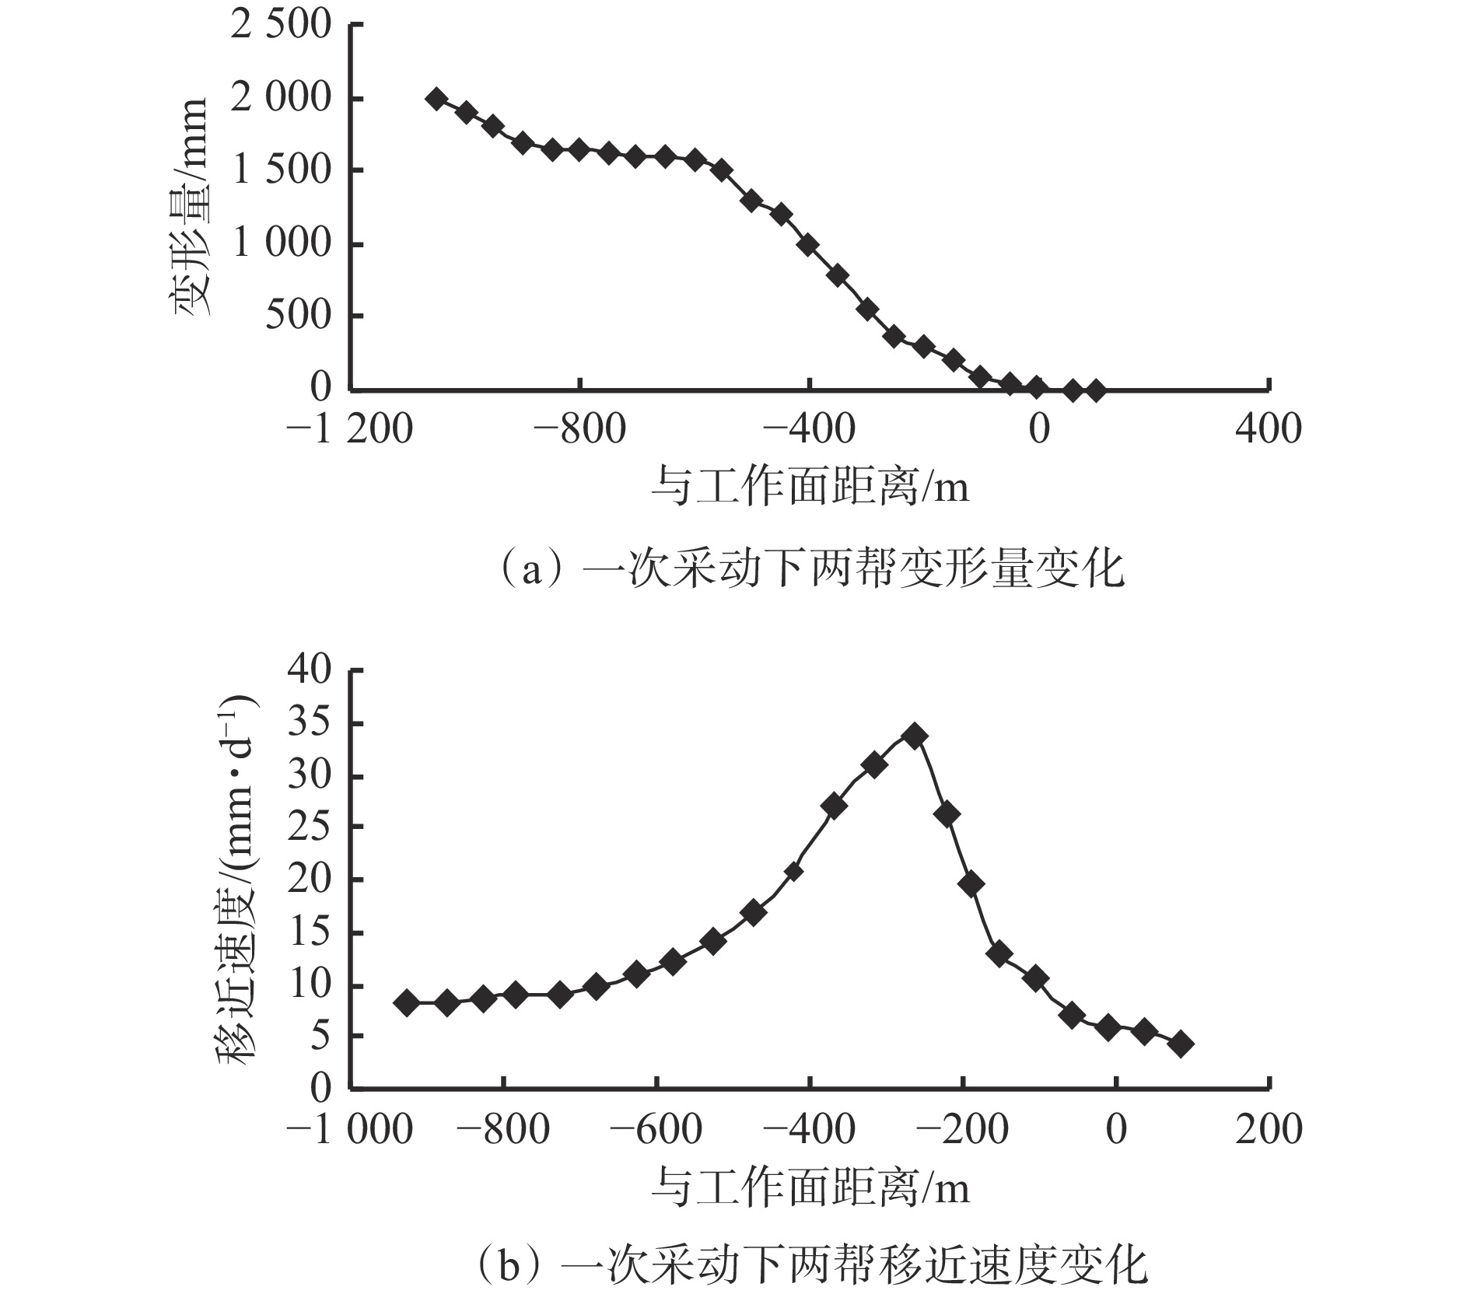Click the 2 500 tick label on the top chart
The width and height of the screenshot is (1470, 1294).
point(282,26)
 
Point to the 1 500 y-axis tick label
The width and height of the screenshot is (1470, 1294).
point(282,170)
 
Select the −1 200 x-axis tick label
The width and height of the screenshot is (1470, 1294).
point(350,428)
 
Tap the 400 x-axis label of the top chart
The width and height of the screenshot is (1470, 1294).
point(1268,428)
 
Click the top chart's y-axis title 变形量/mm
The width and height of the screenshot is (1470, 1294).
point(189,206)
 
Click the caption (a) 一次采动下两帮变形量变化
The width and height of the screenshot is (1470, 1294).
point(809,570)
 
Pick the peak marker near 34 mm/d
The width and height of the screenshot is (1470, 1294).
point(915,736)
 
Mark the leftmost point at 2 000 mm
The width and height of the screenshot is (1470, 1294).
point(436,99)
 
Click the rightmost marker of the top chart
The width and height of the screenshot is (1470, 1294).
point(1095,390)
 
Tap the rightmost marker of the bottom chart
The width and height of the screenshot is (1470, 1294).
point(1181,1044)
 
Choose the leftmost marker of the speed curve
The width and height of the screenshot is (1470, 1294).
point(406,1002)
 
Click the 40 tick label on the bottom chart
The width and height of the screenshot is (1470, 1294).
point(310,670)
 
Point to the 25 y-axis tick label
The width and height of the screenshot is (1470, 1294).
point(310,827)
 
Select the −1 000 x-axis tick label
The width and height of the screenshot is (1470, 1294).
point(350,1128)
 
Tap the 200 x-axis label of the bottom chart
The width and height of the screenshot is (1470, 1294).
point(1268,1128)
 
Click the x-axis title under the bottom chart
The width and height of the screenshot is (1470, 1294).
point(809,1187)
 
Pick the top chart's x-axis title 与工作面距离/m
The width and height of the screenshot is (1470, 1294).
point(809,488)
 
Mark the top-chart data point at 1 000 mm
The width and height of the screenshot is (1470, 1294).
point(808,245)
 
